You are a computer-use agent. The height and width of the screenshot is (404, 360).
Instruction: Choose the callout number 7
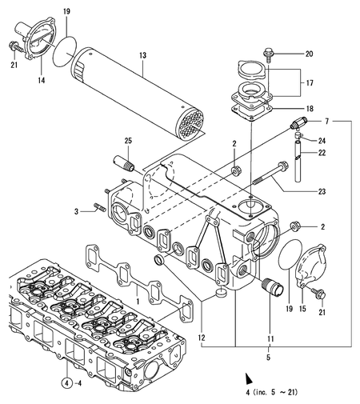[326, 120]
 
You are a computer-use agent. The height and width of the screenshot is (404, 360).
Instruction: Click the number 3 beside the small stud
[78, 211]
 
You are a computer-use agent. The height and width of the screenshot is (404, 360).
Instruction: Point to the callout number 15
[302, 307]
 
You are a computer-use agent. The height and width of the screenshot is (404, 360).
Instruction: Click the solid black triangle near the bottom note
[248, 376]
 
